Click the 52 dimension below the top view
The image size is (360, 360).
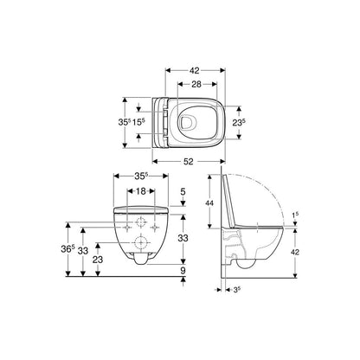click(189, 162)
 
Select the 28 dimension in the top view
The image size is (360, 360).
click(196, 84)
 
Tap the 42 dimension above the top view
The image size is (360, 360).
click(195, 70)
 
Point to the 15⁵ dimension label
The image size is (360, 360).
click(138, 122)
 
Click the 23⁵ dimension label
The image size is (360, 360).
click(239, 122)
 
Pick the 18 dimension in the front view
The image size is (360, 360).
click(141, 191)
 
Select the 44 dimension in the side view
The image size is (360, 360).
click(209, 203)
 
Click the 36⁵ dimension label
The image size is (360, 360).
click(67, 248)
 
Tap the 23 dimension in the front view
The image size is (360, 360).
click(98, 260)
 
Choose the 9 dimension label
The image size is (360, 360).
click(183, 271)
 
